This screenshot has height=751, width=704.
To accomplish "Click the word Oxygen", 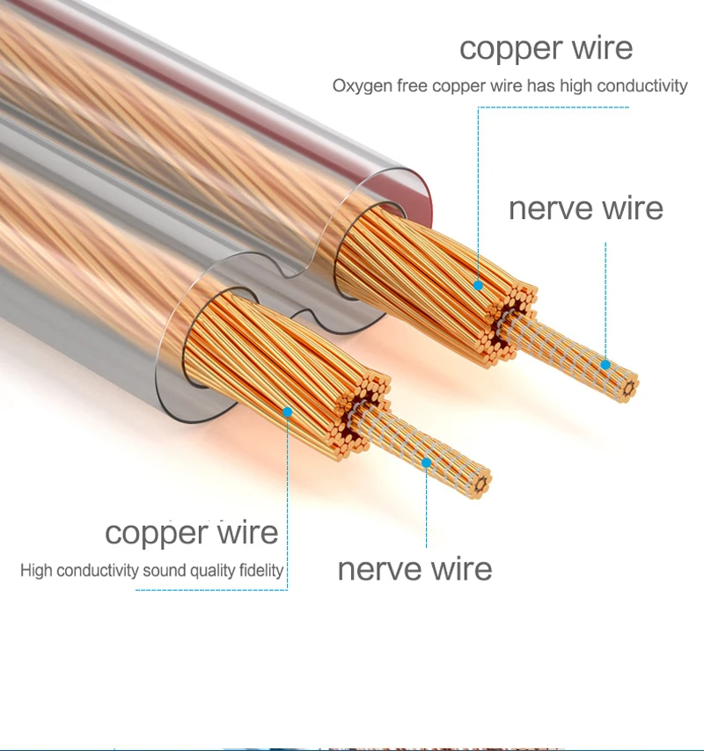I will pos(357,87).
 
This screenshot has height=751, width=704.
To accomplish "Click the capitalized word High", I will pos(36,571).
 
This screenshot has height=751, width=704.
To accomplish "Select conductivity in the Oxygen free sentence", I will pos(642,87).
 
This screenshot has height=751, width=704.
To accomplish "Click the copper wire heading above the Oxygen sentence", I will pos(546,48).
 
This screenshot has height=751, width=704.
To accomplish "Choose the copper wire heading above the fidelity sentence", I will pos(191,532).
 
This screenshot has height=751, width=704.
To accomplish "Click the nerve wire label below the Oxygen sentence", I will pos(585,208).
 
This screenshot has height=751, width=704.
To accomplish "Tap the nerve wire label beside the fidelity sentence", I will pos(414,568).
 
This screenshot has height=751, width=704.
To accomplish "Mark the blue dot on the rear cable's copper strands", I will pos(478,285).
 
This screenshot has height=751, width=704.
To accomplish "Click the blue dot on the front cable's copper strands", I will pos(287,410).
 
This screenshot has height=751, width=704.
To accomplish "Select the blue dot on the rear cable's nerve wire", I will pos(605,364).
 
